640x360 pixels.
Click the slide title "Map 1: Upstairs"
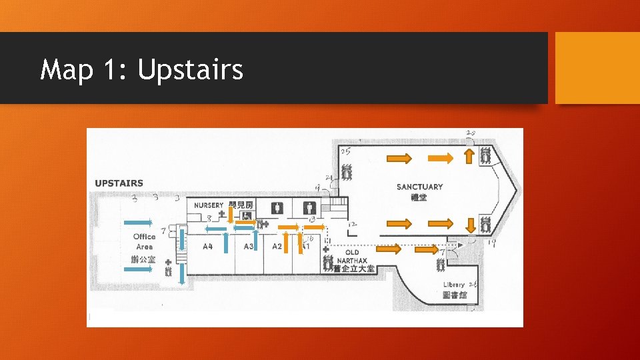[141, 69]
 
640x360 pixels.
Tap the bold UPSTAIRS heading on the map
[119, 183]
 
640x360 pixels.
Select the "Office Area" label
[144, 241]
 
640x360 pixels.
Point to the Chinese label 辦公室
[143, 259]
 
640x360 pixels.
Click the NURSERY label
[209, 205]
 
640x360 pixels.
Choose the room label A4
[208, 247]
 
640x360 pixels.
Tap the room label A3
[249, 247]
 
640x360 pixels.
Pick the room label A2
[277, 247]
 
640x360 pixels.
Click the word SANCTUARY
[419, 187]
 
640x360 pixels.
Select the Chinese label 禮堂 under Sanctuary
[419, 197]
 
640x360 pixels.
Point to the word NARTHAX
[353, 260]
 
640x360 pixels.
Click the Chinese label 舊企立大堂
[354, 269]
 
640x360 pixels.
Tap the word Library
[454, 285]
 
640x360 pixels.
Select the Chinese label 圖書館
[454, 295]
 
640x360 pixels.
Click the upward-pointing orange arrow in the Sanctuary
[469, 157]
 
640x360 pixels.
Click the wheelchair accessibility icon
[247, 215]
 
